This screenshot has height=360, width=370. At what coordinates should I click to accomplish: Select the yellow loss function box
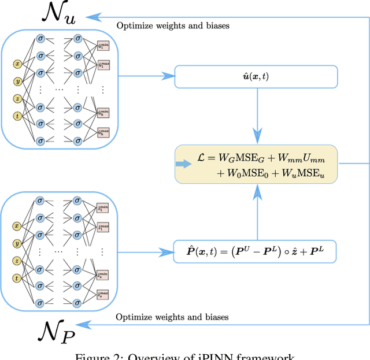click(256, 165)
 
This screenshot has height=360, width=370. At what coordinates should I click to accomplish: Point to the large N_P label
click(57, 334)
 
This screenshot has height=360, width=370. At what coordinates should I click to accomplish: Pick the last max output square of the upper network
click(103, 132)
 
